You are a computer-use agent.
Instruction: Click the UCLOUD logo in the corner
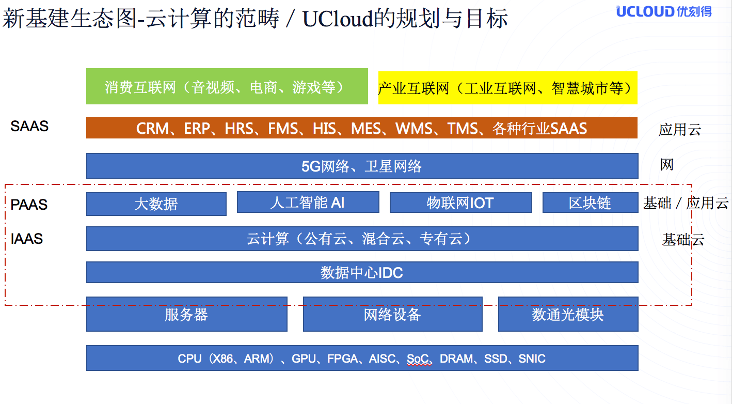coord(664,11)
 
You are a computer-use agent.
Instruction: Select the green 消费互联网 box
coord(227,86)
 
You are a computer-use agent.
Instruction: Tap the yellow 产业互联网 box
coord(508,88)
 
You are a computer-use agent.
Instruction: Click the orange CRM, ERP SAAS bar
coord(362,128)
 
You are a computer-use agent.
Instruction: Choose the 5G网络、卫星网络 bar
coord(362,166)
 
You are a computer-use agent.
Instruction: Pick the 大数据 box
coord(156,204)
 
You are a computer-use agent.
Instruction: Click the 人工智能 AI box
coord(308,202)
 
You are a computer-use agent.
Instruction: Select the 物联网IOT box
coord(461,203)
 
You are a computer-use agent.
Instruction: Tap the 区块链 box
coord(590,203)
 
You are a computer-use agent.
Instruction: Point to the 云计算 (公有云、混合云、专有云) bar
coord(362,239)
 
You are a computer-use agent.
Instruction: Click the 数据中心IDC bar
coord(362,272)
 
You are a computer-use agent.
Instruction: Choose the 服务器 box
coord(186,314)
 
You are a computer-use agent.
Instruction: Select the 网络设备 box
coord(392,314)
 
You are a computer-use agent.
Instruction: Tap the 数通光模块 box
coord(568,314)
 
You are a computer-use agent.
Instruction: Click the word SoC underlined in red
coord(418,359)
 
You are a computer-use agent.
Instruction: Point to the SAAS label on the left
coord(29,126)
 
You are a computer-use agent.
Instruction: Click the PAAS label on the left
coord(29,205)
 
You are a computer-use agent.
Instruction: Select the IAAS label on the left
coord(27,239)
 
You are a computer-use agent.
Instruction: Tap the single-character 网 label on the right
coord(666,164)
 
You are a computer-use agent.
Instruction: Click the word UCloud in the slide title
coord(338,19)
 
